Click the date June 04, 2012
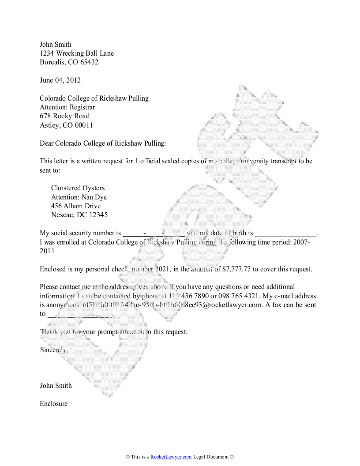pos(60,80)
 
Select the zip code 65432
pos(89,62)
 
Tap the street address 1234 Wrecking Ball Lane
pos(77,53)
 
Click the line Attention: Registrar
pos(67,107)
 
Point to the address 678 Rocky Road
pos(64,116)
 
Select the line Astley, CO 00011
pos(66,125)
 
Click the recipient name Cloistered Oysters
pos(78,188)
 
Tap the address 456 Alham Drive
pos(76,206)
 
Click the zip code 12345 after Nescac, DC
pos(98,215)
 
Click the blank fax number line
pos(79,315)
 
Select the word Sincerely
pos(54,350)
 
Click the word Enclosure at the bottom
pos(54,403)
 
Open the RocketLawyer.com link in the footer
pos(171,457)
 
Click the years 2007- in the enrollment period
pos(302,242)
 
